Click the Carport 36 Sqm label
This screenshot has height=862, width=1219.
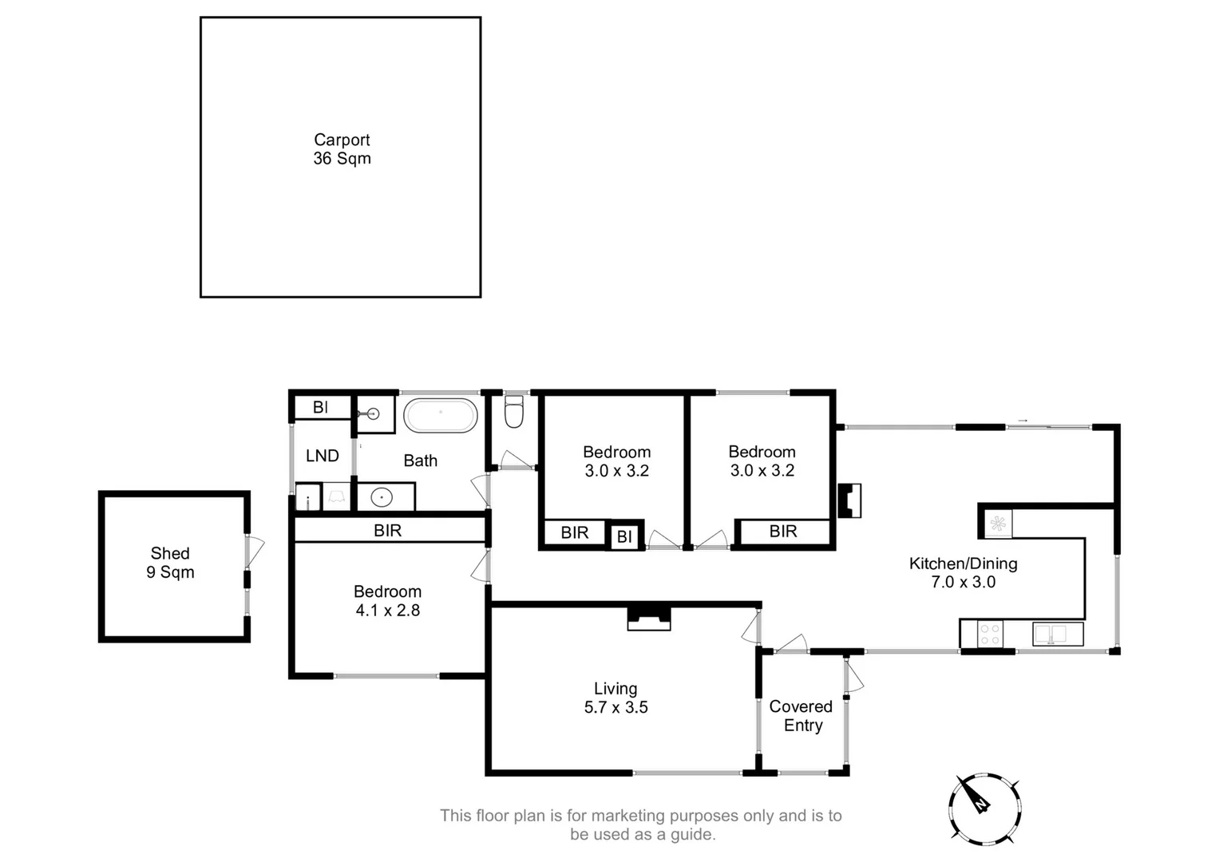[x=342, y=149]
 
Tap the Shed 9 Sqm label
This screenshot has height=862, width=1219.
[x=170, y=563]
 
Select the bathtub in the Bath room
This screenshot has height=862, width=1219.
[x=440, y=416]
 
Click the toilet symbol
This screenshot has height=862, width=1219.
[x=514, y=411]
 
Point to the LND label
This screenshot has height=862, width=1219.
[x=323, y=456]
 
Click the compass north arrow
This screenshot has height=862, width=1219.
[x=974, y=797]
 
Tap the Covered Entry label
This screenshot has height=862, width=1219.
[x=801, y=716]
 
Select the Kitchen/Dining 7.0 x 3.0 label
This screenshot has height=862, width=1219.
[x=964, y=572]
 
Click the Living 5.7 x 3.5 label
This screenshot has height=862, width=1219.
[x=616, y=698]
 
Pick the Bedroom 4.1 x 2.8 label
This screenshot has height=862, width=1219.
[x=387, y=601]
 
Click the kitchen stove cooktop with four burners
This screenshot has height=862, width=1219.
[x=990, y=635]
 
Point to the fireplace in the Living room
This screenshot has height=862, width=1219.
[x=649, y=619]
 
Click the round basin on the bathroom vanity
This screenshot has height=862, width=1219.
[x=382, y=497]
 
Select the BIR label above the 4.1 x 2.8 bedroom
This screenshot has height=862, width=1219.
[x=387, y=531]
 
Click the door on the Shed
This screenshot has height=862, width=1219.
[x=255, y=551]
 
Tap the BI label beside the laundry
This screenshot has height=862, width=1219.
[x=321, y=407]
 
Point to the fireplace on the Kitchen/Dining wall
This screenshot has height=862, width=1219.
[x=849, y=500]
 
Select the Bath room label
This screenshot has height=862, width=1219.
[x=421, y=461]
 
